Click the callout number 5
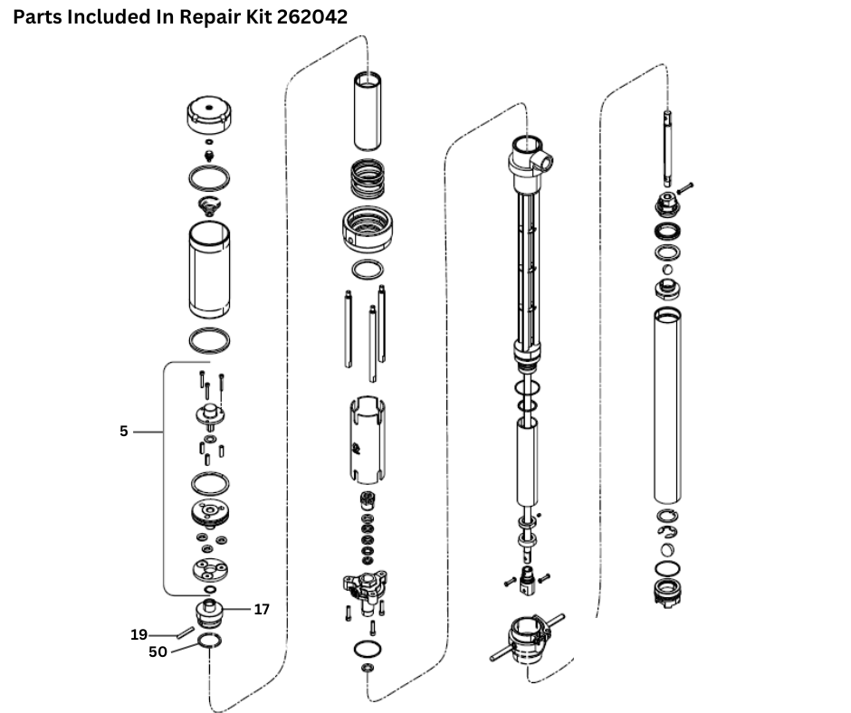(124, 432)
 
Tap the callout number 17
(262, 610)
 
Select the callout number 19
(139, 634)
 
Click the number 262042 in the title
(303, 16)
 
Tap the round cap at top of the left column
(209, 115)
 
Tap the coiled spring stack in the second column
(367, 178)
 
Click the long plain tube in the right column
(667, 404)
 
